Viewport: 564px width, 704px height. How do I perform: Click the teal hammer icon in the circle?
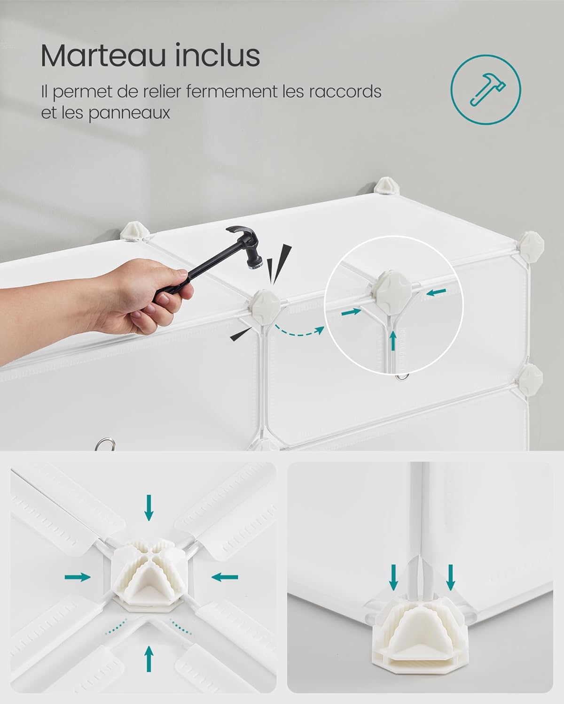[486, 88]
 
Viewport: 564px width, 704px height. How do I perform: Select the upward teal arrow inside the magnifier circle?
[393, 340]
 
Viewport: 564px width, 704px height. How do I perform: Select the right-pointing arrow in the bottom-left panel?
[78, 577]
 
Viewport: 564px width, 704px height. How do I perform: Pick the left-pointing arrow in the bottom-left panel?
[225, 577]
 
